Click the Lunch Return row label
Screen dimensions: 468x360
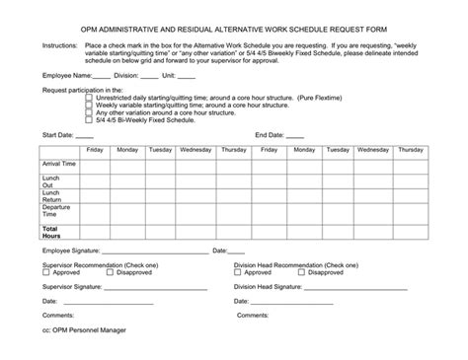click(x=52, y=196)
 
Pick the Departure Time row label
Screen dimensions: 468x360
click(x=57, y=212)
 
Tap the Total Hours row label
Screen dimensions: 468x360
click(x=50, y=230)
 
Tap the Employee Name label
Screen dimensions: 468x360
click(x=65, y=74)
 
